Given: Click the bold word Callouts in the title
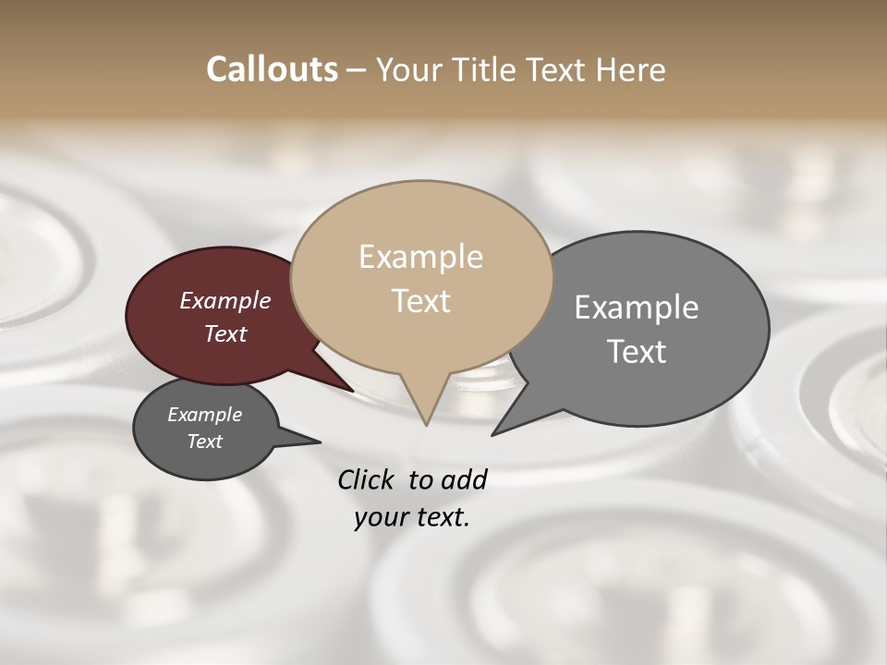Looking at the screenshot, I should click(x=272, y=69).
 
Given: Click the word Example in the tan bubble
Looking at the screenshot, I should click(x=420, y=257).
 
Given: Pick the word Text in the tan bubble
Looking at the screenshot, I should click(x=420, y=301).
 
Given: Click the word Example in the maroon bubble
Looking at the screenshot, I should click(x=225, y=301).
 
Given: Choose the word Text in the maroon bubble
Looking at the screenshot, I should click(x=225, y=334).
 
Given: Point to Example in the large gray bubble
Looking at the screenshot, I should click(x=636, y=308).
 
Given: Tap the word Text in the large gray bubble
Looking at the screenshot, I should click(x=636, y=352).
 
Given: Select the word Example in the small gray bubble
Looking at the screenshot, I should click(x=204, y=416).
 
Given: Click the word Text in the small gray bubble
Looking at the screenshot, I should click(x=204, y=441).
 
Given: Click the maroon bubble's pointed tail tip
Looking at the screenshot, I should click(x=354, y=392).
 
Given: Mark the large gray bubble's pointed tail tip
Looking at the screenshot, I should click(x=493, y=434).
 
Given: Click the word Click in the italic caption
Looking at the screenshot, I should click(x=367, y=479).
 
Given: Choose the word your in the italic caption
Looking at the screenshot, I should click(x=380, y=517).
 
